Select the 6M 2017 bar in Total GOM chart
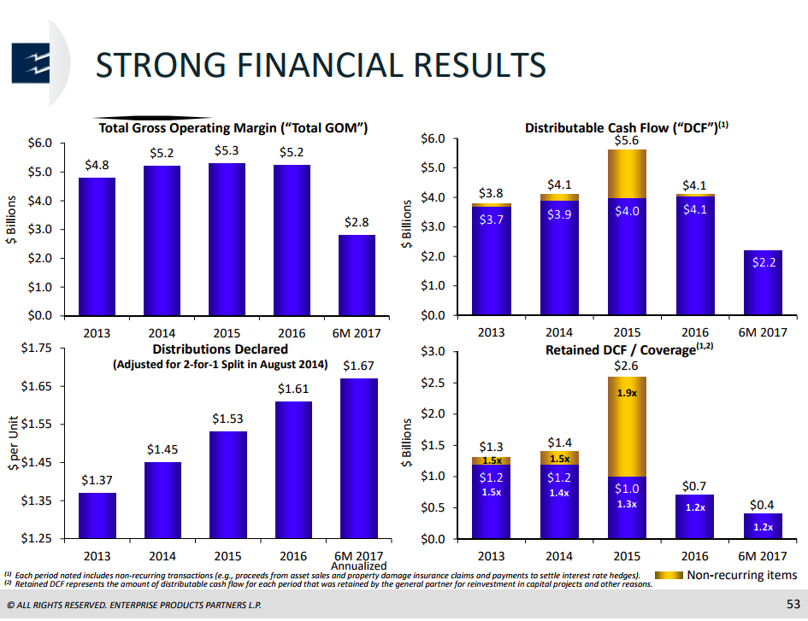pos(357,274)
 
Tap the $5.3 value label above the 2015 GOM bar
pos(227,152)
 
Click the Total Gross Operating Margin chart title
pos(233,128)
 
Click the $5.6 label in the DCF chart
pos(627,139)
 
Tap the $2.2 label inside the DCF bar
pos(763,264)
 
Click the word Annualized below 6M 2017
pos(358,565)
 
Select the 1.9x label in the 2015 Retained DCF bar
pos(627,395)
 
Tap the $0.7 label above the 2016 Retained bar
pos(694,486)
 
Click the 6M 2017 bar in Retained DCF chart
pos(763,526)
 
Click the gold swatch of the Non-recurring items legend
pos(667,575)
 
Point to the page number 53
pos(793,606)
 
